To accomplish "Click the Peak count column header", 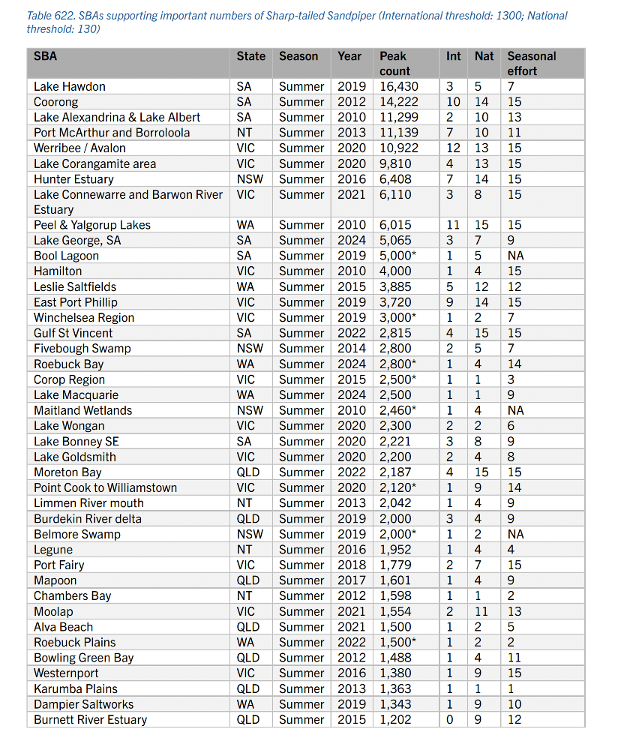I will (393, 63).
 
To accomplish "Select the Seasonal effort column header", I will (531, 63).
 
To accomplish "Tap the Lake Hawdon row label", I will (70, 86).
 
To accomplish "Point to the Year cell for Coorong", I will (351, 102).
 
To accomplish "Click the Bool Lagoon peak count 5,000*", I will (399, 256).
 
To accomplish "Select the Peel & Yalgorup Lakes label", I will (92, 225).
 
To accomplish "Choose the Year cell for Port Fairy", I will (351, 565).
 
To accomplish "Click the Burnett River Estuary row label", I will (90, 719).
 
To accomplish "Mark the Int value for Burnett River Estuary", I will (449, 719).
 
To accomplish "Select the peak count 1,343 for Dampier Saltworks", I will (396, 704).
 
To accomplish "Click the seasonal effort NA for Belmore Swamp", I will (517, 534).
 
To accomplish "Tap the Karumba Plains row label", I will (76, 688).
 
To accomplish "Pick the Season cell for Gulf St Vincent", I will (301, 333).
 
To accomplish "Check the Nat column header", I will (484, 56).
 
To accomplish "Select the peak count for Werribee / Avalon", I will (399, 148).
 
